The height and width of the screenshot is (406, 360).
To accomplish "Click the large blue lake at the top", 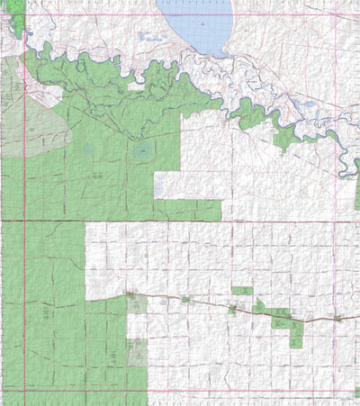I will pyautogui.click(x=196, y=25).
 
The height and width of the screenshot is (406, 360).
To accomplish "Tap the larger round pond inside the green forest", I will pyautogui.click(x=143, y=151).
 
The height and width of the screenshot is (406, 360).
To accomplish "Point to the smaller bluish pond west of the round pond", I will pyautogui.click(x=87, y=150).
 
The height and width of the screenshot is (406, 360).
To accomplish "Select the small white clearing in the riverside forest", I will pyautogui.click(x=135, y=86).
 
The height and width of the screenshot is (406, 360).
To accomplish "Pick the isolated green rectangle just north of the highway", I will pyautogui.click(x=241, y=291).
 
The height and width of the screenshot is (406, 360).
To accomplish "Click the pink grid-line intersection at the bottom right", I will pyautogui.click(x=334, y=391).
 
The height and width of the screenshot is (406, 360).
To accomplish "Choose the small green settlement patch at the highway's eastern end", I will pyautogui.click(x=338, y=319).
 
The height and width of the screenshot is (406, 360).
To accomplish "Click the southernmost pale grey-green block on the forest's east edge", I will pyautogui.click(x=137, y=352).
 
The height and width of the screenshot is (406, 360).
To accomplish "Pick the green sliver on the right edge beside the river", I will pyautogui.click(x=356, y=166).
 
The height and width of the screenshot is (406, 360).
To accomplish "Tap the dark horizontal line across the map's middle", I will pyautogui.click(x=180, y=221).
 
